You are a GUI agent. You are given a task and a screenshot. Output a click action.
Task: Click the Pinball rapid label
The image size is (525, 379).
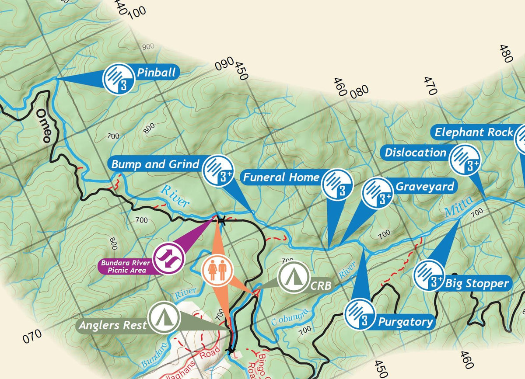pyautogui.click(x=156, y=73)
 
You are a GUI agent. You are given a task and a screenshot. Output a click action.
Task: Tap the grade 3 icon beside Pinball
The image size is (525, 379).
pyautogui.click(x=118, y=79)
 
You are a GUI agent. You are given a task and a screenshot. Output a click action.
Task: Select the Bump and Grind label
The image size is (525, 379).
pyautogui.click(x=155, y=164)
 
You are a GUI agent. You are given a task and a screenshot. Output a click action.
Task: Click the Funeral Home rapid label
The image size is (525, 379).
pyautogui.click(x=281, y=177)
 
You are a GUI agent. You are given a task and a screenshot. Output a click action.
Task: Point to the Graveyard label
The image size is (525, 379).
pyautogui.click(x=425, y=187)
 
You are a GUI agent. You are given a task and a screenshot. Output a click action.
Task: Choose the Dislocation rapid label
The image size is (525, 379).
pyautogui.click(x=415, y=153)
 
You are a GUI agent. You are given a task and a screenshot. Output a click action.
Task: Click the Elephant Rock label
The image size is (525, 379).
pyautogui.click(x=474, y=132)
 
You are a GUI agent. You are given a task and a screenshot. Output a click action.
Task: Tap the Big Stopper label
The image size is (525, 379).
pyautogui.click(x=477, y=284)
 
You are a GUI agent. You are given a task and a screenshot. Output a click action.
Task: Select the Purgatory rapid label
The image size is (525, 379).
pyautogui.click(x=405, y=322)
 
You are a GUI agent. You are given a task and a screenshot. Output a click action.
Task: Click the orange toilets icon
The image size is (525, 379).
pyautogui.click(x=217, y=271)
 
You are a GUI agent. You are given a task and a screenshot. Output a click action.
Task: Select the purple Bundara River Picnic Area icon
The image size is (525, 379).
pyautogui.click(x=169, y=259)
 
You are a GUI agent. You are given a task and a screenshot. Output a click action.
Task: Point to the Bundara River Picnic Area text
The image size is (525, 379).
pyautogui.click(x=126, y=267)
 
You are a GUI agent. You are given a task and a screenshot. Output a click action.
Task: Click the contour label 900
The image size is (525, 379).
pyautogui.click(x=148, y=47)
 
